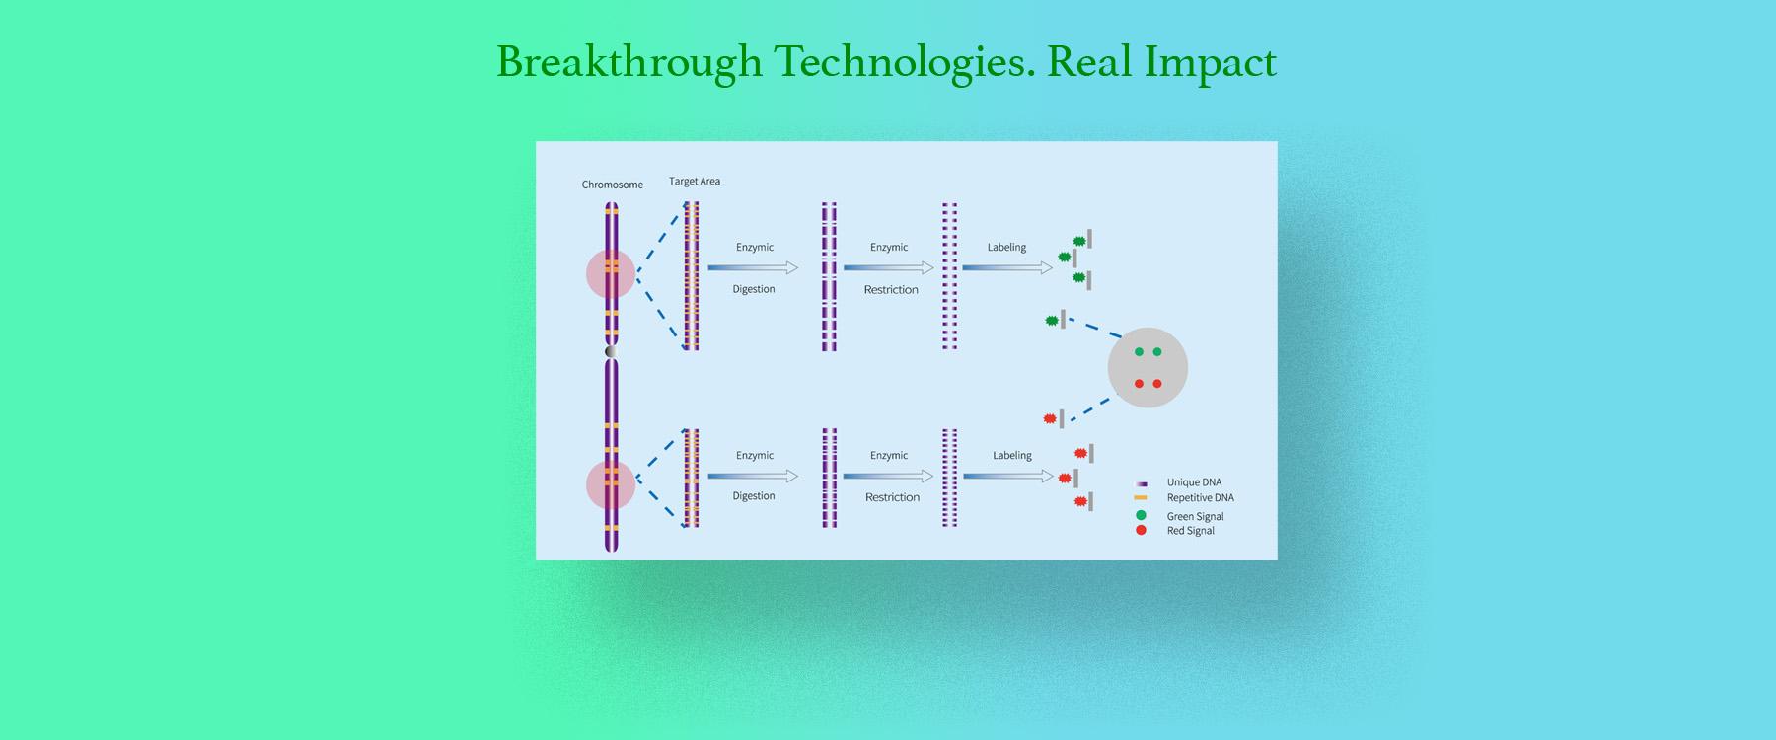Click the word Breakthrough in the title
click(629, 62)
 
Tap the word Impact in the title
click(1211, 63)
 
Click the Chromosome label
click(612, 185)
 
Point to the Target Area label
click(695, 181)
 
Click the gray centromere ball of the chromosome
click(612, 351)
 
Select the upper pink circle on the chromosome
click(611, 273)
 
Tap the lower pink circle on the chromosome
click(611, 483)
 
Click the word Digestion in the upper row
click(754, 289)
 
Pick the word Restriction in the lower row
click(892, 497)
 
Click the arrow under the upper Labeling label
click(1007, 267)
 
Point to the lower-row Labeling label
click(1012, 456)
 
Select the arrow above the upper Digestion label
click(753, 267)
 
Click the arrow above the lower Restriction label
click(889, 476)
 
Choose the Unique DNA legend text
click(1194, 482)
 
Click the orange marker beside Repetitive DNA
click(1141, 498)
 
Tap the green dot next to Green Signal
click(1141, 516)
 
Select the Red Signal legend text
click(1191, 531)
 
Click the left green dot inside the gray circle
click(1139, 352)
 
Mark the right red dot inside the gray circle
click(1157, 384)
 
